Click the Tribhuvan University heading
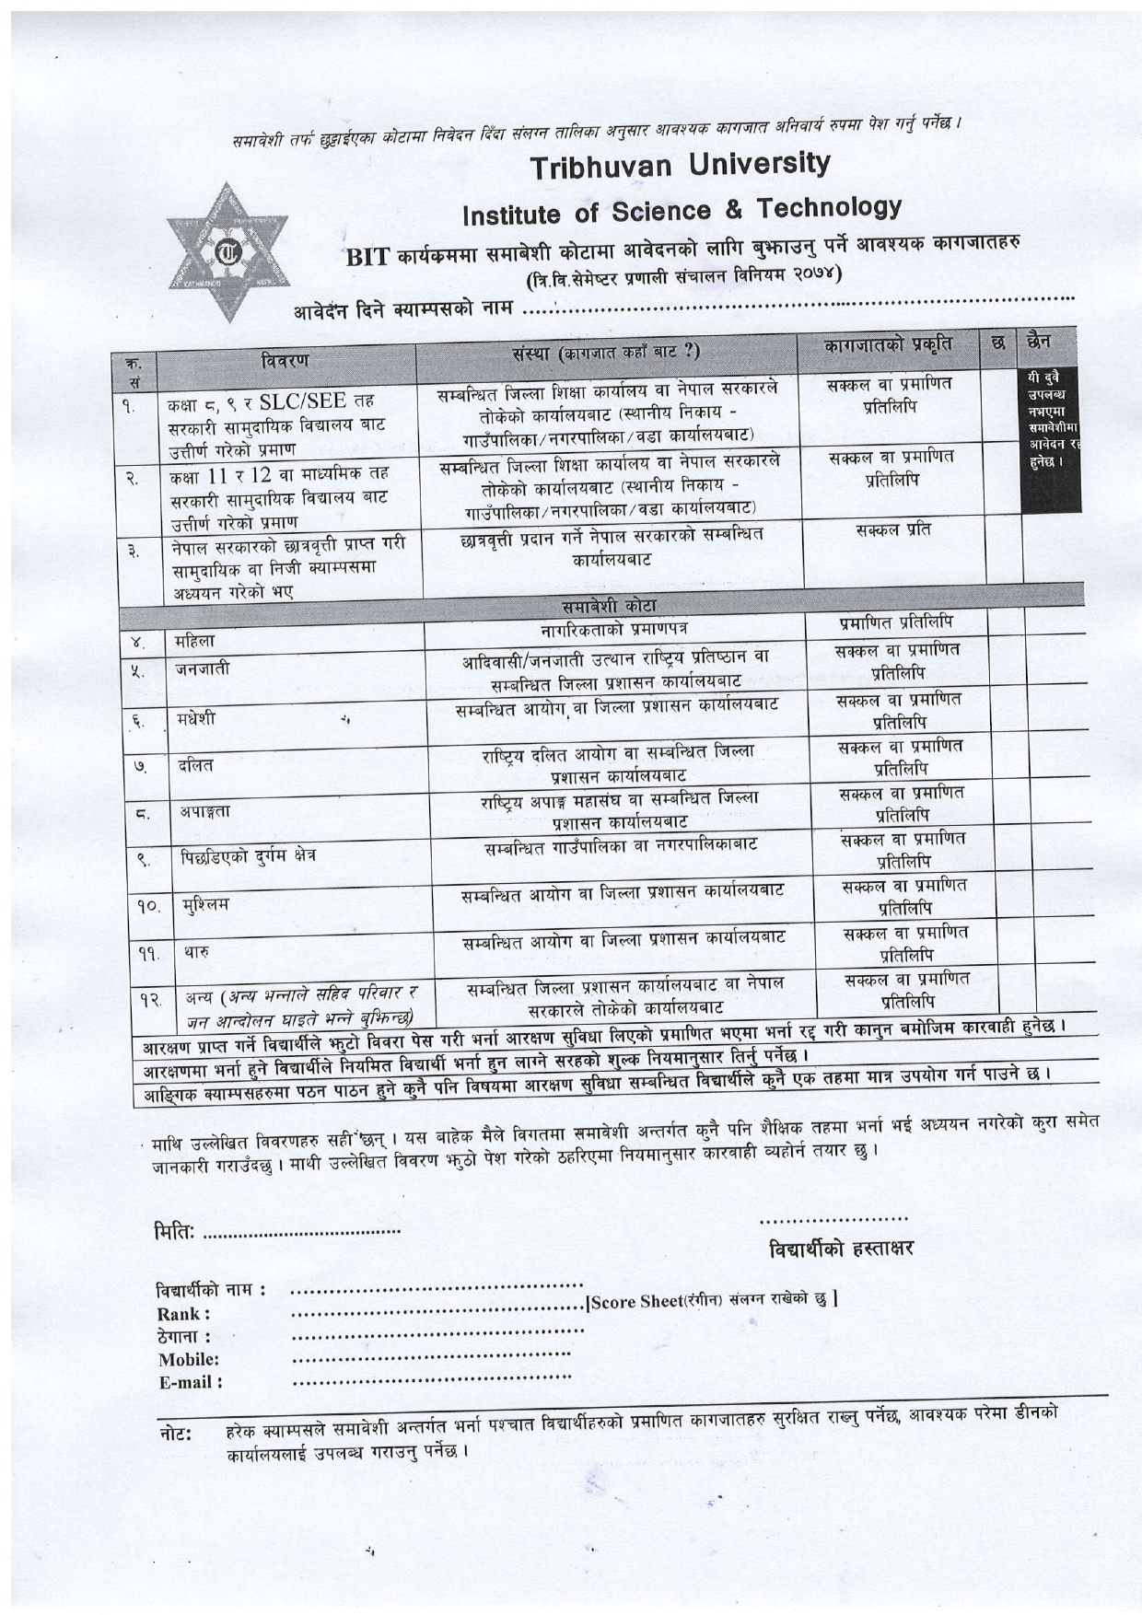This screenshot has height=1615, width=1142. tap(680, 166)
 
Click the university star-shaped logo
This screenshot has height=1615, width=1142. tap(227, 251)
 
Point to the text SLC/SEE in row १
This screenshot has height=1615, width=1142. tap(302, 401)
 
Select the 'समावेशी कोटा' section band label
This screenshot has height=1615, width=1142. tap(609, 606)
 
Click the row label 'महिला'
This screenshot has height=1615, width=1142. tap(194, 640)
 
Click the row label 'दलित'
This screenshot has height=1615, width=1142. tap(195, 765)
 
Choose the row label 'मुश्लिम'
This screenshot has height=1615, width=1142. tap(205, 903)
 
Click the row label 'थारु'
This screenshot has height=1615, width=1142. tap(196, 951)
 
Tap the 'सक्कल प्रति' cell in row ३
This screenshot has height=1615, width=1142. tap(892, 530)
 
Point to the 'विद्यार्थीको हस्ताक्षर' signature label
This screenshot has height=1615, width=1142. tap(841, 1249)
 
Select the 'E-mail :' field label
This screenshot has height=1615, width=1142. tap(191, 1382)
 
